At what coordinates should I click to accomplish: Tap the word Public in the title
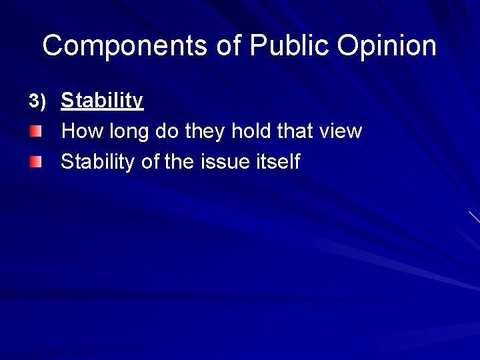click(x=290, y=46)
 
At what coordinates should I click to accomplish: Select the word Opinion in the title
click(x=387, y=46)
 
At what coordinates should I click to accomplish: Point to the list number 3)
click(x=37, y=101)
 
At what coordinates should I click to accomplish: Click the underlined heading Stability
click(x=102, y=101)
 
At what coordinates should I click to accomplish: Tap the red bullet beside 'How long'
click(x=35, y=131)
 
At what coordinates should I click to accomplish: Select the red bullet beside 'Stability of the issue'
click(x=35, y=161)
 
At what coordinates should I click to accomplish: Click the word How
click(x=79, y=131)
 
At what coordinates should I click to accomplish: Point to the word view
click(x=341, y=131)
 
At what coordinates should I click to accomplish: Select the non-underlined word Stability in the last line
click(x=97, y=162)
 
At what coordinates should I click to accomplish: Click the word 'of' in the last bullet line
click(x=149, y=162)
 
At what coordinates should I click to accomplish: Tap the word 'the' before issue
click(x=179, y=162)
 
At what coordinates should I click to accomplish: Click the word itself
click(x=277, y=162)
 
